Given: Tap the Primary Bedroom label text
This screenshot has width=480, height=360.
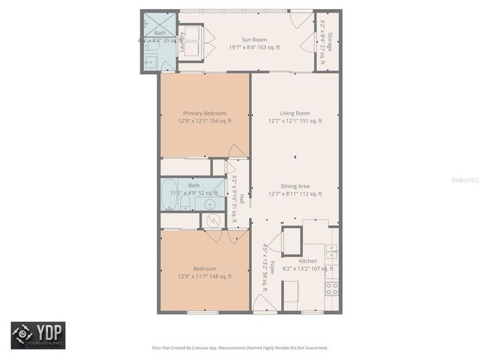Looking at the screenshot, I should pos(205,113).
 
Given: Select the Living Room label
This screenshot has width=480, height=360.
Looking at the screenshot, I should pos(295,113).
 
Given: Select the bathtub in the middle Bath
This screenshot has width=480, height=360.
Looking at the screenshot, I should pos(169,193).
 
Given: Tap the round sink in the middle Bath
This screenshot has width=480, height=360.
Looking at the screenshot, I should pos(211,203).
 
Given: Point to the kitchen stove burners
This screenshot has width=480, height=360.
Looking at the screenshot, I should pos(331,286).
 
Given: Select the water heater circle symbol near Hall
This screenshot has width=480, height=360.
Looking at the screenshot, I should pos(212,221).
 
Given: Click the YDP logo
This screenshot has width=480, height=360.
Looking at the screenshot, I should pos(37,334).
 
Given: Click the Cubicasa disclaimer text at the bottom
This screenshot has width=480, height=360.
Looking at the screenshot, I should pos(240,348).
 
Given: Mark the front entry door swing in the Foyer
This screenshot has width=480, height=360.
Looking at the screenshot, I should pos(262,304).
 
